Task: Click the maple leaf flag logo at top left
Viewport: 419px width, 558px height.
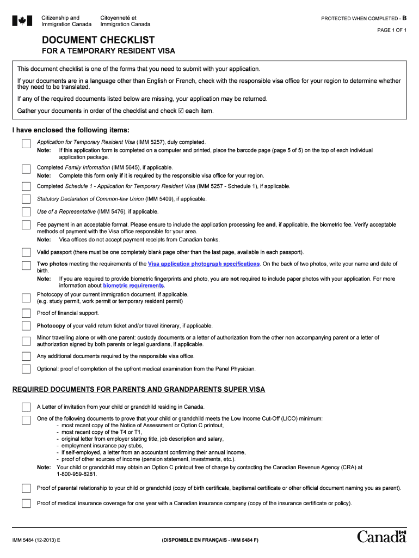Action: point(22,21)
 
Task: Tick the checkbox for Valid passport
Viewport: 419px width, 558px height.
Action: point(26,252)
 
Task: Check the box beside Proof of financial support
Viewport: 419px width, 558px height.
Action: point(26,313)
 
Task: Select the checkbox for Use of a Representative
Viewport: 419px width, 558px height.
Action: point(26,211)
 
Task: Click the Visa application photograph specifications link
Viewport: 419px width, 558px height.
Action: point(204,264)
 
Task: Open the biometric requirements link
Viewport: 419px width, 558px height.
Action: point(133,286)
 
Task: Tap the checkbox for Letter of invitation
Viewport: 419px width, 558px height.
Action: point(26,407)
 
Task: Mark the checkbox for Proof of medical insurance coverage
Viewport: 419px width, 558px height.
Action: point(26,503)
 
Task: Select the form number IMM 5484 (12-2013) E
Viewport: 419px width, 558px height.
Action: point(37,540)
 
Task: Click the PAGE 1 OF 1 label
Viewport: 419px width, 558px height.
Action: point(392,30)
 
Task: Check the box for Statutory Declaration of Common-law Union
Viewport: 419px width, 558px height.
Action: point(26,199)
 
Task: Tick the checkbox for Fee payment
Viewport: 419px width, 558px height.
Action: point(26,225)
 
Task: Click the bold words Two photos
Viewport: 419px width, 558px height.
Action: point(52,264)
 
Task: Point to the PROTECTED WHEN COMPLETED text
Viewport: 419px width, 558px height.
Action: point(360,19)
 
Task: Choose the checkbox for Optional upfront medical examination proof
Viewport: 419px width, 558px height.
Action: point(26,369)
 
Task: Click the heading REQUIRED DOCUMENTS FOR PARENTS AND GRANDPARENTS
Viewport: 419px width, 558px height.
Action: point(139,390)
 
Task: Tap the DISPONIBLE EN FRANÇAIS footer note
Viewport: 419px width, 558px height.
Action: point(209,540)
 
